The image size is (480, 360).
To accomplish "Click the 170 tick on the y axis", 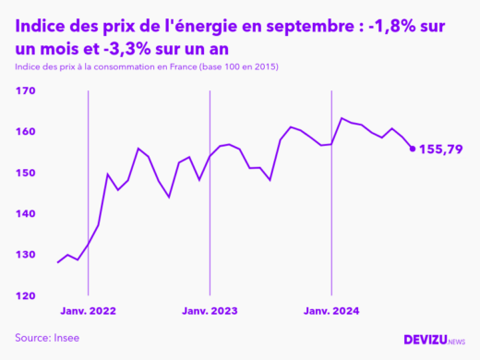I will click(x=25, y=91).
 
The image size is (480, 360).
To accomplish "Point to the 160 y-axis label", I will click(x=25, y=132).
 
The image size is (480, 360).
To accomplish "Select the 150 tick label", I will click(x=25, y=174).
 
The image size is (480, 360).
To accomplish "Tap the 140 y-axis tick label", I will click(x=25, y=214).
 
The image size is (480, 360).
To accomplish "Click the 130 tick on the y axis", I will click(x=25, y=255).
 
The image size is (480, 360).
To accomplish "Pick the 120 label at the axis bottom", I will click(x=25, y=296).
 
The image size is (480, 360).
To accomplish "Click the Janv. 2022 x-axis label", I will click(x=89, y=313).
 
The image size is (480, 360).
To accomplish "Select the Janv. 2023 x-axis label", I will click(x=210, y=313).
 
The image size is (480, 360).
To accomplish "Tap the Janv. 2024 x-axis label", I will click(x=332, y=313).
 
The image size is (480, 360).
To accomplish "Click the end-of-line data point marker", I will click(x=413, y=148).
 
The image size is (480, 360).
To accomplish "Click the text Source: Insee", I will click(x=47, y=338).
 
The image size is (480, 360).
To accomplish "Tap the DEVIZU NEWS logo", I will click(x=435, y=341).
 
